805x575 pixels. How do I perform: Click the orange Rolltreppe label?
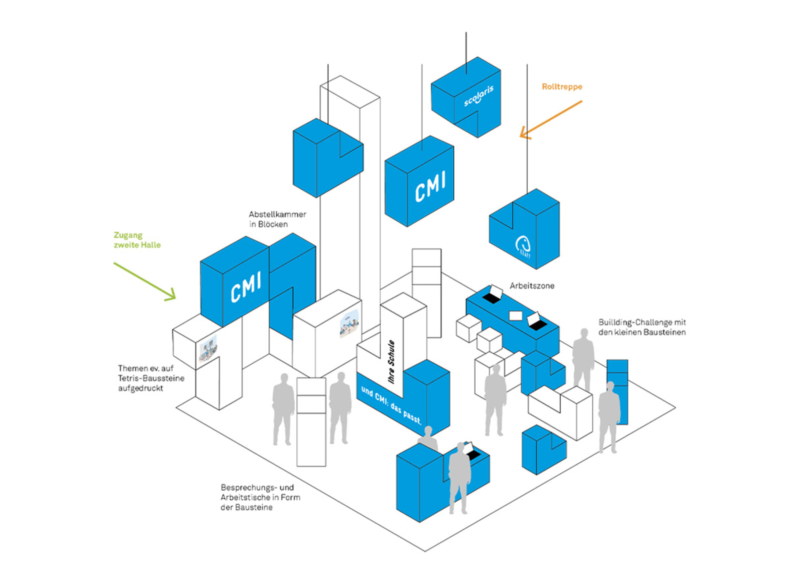[562, 87]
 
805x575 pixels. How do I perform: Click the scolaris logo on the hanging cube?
[478, 96]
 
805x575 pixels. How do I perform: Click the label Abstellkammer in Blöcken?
[277, 219]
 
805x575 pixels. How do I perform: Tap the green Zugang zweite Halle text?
[137, 240]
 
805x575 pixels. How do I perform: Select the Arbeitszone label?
[532, 286]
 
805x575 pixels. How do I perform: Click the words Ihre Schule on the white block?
[392, 361]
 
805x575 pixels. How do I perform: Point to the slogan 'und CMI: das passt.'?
[391, 405]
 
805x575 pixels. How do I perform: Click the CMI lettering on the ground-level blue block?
[246, 286]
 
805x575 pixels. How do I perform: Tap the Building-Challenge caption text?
[642, 327]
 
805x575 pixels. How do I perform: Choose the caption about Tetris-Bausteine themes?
[151, 378]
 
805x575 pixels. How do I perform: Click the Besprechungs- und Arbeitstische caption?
[260, 497]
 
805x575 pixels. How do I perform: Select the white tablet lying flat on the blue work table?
[515, 315]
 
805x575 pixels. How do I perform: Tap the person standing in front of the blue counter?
[459, 478]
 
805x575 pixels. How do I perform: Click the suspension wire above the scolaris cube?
[466, 53]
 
